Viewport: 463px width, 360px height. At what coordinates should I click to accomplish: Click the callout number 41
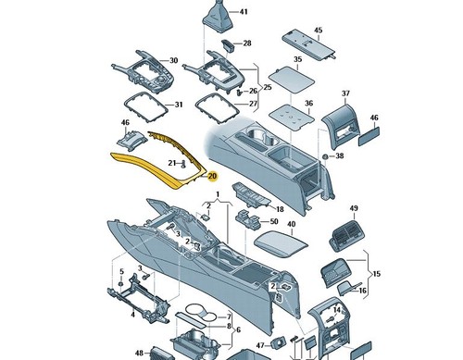coord(244,12)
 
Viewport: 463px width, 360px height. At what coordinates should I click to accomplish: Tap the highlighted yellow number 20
coord(213,176)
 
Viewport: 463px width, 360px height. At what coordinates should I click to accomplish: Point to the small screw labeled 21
coord(183,164)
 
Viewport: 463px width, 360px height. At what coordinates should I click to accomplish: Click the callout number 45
coord(319,31)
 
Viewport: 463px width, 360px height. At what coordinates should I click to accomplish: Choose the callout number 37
coord(345,93)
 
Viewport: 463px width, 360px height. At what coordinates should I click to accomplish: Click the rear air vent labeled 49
coord(347,236)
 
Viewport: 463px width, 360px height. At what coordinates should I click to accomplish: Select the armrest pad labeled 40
coord(281,243)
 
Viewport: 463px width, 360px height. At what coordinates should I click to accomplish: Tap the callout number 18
coord(280,209)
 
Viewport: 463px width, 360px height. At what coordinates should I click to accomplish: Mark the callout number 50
coord(274,221)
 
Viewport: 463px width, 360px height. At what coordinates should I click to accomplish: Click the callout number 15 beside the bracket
coord(377,274)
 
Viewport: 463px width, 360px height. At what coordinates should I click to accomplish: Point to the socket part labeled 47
coord(279,343)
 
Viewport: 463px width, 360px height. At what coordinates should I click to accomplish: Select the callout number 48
coord(139,353)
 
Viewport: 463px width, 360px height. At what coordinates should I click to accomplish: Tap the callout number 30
coord(174,60)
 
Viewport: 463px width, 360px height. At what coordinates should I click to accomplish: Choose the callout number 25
coord(268,87)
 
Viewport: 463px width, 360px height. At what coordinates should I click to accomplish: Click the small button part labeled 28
coord(228,45)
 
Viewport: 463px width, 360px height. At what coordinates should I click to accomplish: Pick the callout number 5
coord(121,272)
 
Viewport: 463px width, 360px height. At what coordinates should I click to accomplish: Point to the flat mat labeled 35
coord(292,80)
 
